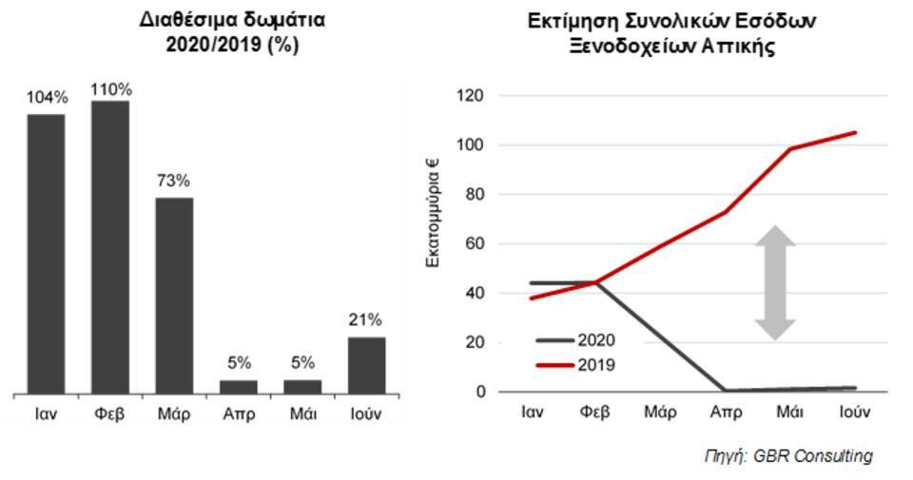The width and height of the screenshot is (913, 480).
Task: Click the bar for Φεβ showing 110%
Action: click(110, 247)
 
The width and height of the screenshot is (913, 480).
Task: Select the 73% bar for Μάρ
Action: click(174, 296)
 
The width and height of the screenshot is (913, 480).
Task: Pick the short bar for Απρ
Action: click(239, 387)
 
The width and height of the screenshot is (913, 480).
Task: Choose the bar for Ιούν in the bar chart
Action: click(366, 365)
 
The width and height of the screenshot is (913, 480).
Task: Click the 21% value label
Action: click(366, 319)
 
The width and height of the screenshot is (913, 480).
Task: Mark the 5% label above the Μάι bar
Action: click(302, 362)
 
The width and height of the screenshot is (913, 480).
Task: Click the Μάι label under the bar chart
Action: click(302, 415)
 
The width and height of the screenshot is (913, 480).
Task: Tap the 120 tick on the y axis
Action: click(472, 96)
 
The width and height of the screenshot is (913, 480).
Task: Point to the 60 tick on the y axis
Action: click(476, 243)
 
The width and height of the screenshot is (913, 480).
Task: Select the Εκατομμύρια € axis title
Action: click(433, 209)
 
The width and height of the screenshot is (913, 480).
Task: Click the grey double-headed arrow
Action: click(776, 282)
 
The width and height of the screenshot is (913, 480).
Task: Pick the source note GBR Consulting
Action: click(787, 456)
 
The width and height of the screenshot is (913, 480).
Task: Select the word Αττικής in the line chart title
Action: click(739, 45)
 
